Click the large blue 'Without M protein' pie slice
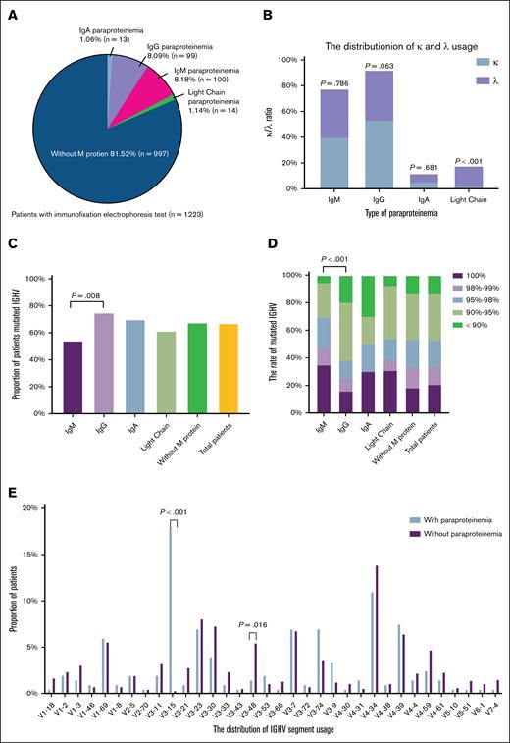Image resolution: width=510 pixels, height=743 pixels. (x=88, y=137)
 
